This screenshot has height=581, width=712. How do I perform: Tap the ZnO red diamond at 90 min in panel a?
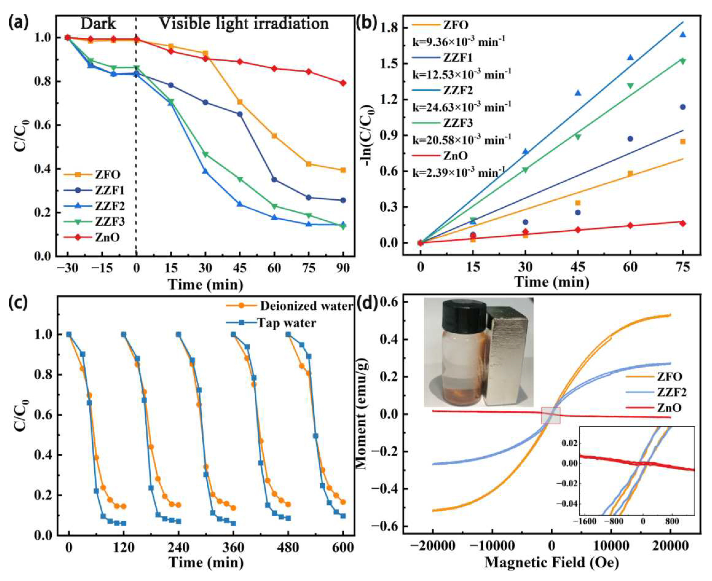pos(343,83)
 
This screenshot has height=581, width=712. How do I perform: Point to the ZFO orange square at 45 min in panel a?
pos(240,102)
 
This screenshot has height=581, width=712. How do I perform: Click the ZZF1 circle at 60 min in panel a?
pos(274,180)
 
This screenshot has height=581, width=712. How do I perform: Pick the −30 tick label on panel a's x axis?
pos(67,268)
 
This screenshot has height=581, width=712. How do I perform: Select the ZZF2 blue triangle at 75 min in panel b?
pos(682,35)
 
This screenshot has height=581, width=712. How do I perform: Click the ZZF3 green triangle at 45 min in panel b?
pos(578,137)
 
